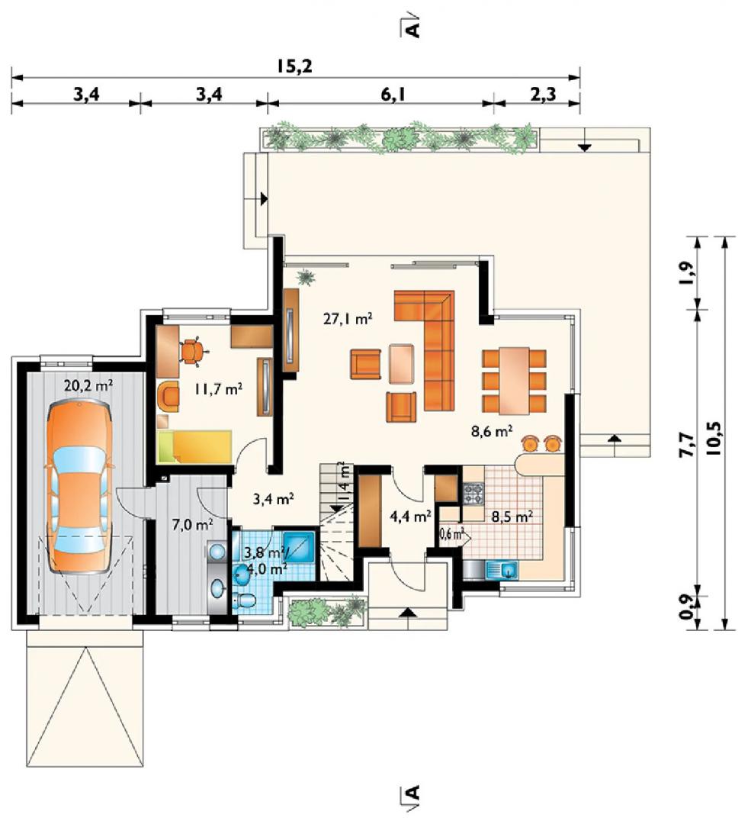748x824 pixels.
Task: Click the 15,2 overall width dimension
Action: pos(294,66)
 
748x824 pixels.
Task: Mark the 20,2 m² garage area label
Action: pos(88,385)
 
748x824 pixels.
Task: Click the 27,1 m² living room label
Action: pos(348,319)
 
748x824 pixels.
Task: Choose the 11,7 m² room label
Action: pos(218,389)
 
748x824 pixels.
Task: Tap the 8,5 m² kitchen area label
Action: pos(512,517)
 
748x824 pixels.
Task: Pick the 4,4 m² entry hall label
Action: pos(410,517)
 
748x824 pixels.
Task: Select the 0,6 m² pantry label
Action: pos(451,534)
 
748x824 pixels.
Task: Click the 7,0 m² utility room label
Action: pos(192,524)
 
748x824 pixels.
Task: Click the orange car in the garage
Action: pos(80,486)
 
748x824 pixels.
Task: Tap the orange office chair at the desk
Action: pos(193,351)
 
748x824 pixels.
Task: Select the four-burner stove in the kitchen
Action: pos(473,494)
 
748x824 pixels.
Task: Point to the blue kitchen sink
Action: pos(502,570)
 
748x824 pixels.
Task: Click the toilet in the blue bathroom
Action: pos(245,600)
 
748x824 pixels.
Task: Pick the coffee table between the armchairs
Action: pos(402,364)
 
